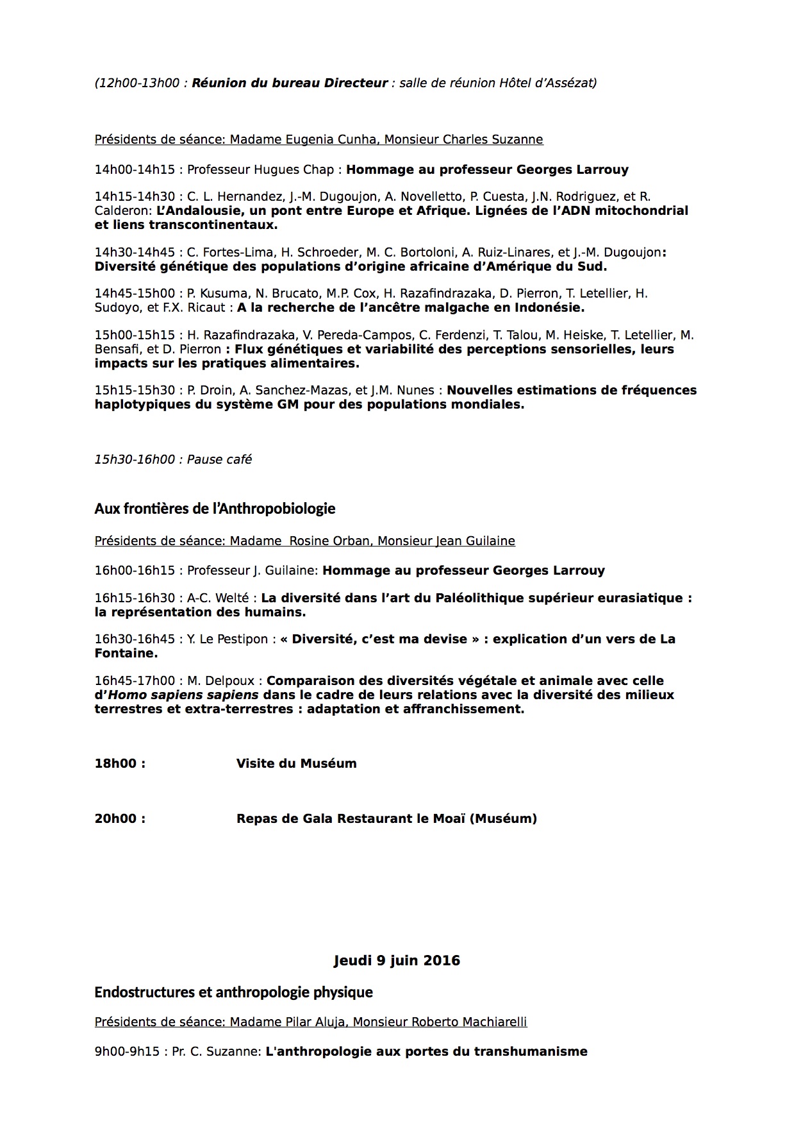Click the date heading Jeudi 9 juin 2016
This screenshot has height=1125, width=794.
coord(397,960)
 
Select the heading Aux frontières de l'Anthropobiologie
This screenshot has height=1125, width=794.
coord(215,509)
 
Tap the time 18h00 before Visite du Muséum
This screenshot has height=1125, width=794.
coord(120,763)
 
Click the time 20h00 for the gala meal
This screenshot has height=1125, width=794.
coord(120,818)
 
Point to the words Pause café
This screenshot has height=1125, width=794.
coord(219,459)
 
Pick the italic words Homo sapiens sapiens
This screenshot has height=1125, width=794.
coord(183,695)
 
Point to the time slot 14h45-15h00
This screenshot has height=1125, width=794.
coord(135,293)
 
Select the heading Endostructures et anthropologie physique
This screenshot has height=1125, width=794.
coord(233,992)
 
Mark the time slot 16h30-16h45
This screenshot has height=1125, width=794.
coord(135,639)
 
